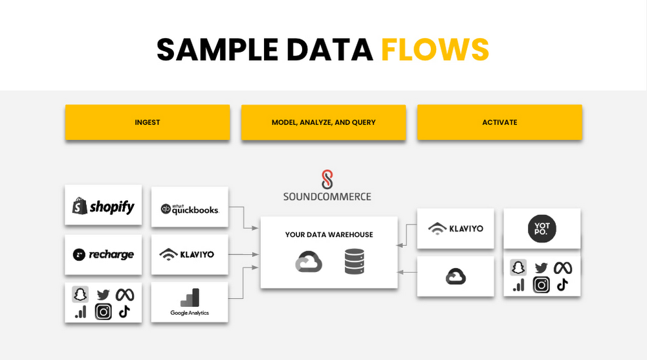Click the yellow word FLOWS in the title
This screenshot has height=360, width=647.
click(434, 49)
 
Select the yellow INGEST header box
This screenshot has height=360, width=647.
click(148, 122)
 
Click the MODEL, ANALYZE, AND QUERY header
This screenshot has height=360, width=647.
click(323, 122)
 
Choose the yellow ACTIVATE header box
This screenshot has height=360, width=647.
click(499, 122)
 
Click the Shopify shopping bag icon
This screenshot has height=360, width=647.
click(80, 207)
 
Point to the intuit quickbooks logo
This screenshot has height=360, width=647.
click(190, 208)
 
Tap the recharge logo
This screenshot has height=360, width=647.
click(104, 254)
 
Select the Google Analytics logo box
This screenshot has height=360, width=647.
click(190, 302)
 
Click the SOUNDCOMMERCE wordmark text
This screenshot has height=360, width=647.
click(327, 196)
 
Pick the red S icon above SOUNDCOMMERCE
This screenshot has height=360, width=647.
click(327, 178)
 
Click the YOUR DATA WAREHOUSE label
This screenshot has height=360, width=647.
click(329, 234)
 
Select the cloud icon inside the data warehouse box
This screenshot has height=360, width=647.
click(308, 263)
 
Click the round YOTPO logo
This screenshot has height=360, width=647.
click(542, 229)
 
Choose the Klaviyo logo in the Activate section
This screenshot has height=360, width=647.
click(456, 228)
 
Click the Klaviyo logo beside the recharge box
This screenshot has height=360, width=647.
click(186, 254)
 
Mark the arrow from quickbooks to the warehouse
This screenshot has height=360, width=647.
click(245, 217)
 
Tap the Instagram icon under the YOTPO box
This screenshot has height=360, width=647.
click(542, 285)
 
